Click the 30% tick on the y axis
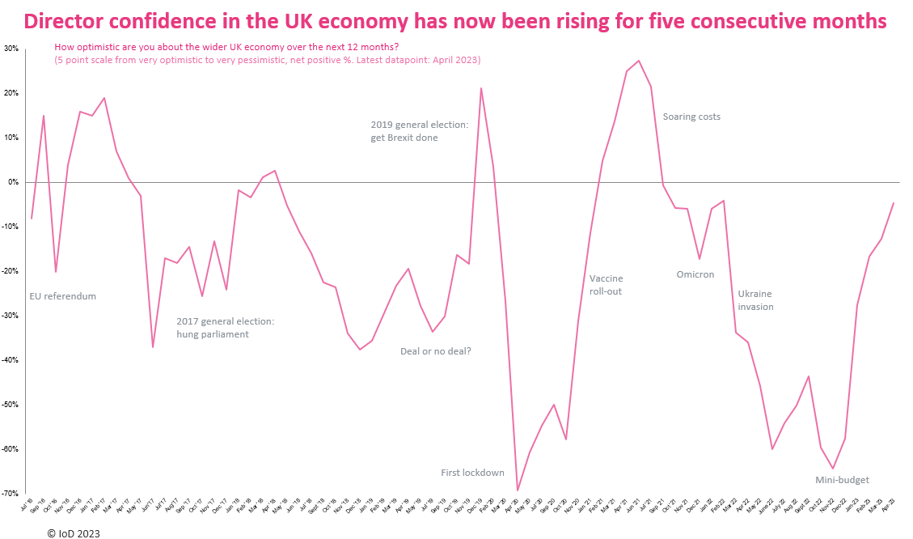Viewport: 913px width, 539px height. [11, 49]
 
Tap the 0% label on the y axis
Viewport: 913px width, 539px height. [13, 182]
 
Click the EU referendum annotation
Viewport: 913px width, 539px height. [62, 296]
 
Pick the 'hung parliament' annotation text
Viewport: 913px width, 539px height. [213, 334]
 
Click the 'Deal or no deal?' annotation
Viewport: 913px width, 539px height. [435, 351]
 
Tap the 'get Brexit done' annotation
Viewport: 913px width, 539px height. [404, 138]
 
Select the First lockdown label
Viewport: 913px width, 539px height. [472, 473]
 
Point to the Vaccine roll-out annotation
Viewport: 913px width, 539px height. [606, 285]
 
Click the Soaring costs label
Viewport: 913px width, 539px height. [691, 117]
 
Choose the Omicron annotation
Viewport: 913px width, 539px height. [695, 274]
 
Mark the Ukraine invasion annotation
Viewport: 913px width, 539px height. [755, 300]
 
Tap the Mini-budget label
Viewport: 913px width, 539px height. [842, 480]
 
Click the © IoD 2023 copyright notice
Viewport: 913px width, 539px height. [74, 533]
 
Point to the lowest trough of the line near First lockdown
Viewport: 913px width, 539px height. [518, 490]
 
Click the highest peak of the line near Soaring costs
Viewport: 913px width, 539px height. [639, 61]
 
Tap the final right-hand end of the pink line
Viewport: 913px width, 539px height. [893, 203]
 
